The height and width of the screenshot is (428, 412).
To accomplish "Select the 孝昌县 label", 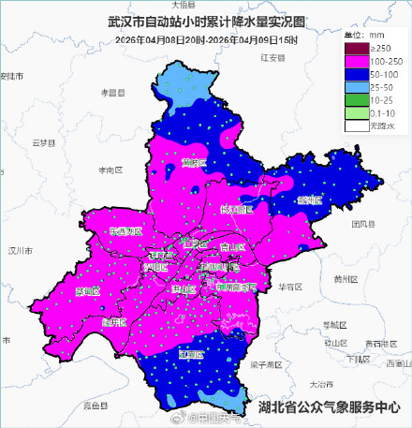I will [113, 92].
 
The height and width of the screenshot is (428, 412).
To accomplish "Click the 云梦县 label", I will [45, 142].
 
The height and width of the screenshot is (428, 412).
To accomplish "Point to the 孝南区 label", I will [111, 170].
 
